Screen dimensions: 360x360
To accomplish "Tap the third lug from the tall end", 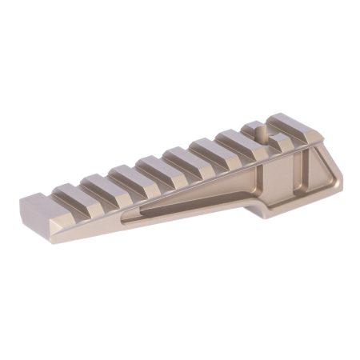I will pos(234,141).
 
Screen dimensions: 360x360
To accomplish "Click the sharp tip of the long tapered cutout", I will pos(128,213).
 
